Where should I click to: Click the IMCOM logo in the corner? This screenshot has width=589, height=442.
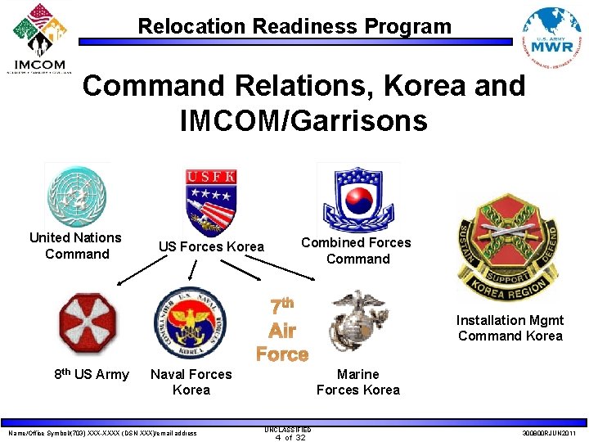38,38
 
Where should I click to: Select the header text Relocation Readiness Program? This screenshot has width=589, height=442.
294,26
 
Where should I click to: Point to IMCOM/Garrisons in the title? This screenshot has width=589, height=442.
303,121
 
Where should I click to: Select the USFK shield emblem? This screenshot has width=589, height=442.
212,200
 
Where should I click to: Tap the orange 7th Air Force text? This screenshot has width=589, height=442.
281,331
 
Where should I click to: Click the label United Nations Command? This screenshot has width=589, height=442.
75,246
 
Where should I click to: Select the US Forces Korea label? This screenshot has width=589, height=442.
211,246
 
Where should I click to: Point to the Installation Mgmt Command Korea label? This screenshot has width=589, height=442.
510,328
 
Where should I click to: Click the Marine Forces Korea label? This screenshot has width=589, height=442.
357,382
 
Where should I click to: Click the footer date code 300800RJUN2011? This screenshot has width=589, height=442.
548,433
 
